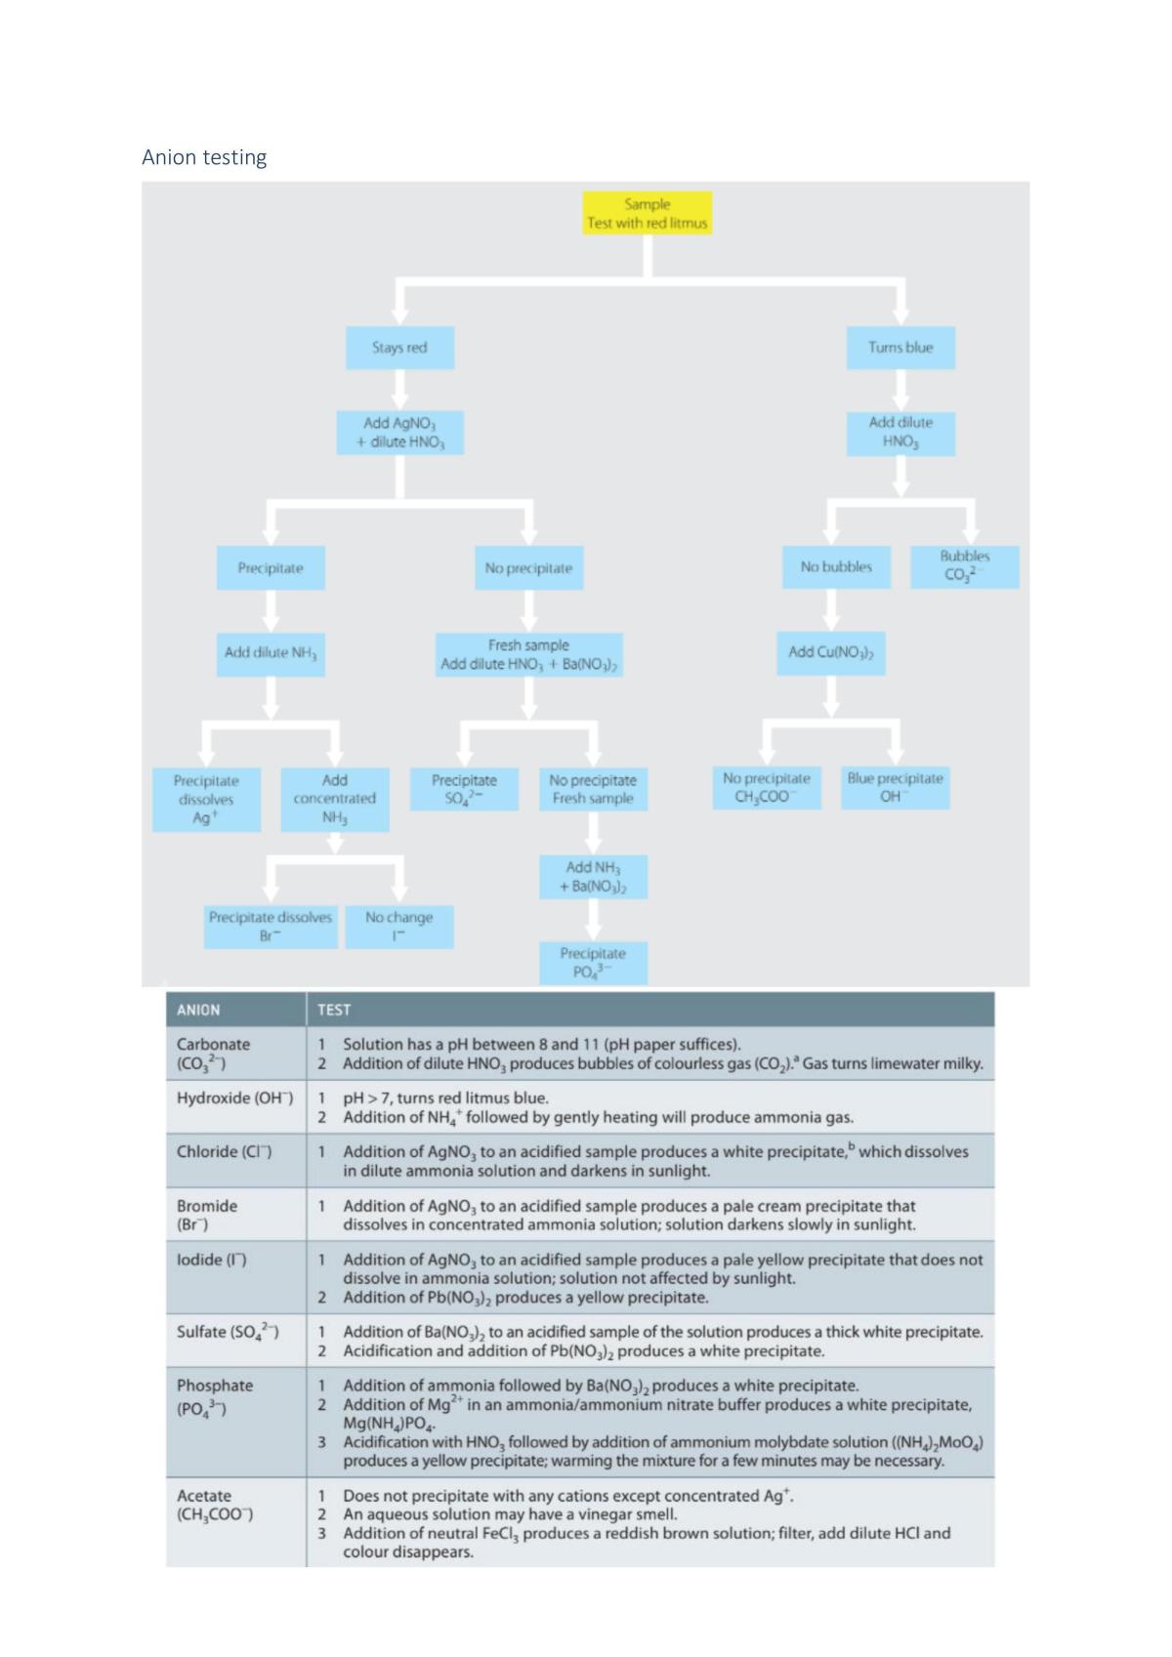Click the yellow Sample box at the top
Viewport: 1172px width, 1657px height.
647,213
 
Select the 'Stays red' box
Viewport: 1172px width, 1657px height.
399,348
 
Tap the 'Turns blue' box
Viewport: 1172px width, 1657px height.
900,348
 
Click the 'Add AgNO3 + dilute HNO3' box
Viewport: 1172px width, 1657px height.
399,433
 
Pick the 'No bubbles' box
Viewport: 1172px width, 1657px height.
836,566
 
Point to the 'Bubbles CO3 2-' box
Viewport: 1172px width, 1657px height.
964,566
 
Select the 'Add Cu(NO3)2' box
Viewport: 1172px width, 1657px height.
830,653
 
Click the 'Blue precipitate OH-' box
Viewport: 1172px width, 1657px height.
895,788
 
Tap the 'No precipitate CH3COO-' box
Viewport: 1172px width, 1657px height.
767,788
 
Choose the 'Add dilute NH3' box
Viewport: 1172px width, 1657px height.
271,654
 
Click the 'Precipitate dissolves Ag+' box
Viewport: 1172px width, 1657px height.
206,800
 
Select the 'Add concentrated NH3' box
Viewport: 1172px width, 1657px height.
334,800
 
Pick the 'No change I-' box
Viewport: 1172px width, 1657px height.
399,927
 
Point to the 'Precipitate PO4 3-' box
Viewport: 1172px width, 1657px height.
593,963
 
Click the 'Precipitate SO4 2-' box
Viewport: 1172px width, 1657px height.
464,789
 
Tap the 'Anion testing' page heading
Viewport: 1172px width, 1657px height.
204,157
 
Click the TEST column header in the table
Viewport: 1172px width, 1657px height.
334,1010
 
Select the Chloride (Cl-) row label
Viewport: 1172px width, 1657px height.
225,1152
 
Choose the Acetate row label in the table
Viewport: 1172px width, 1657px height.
215,1505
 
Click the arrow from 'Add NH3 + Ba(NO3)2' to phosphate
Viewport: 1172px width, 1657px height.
593,920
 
